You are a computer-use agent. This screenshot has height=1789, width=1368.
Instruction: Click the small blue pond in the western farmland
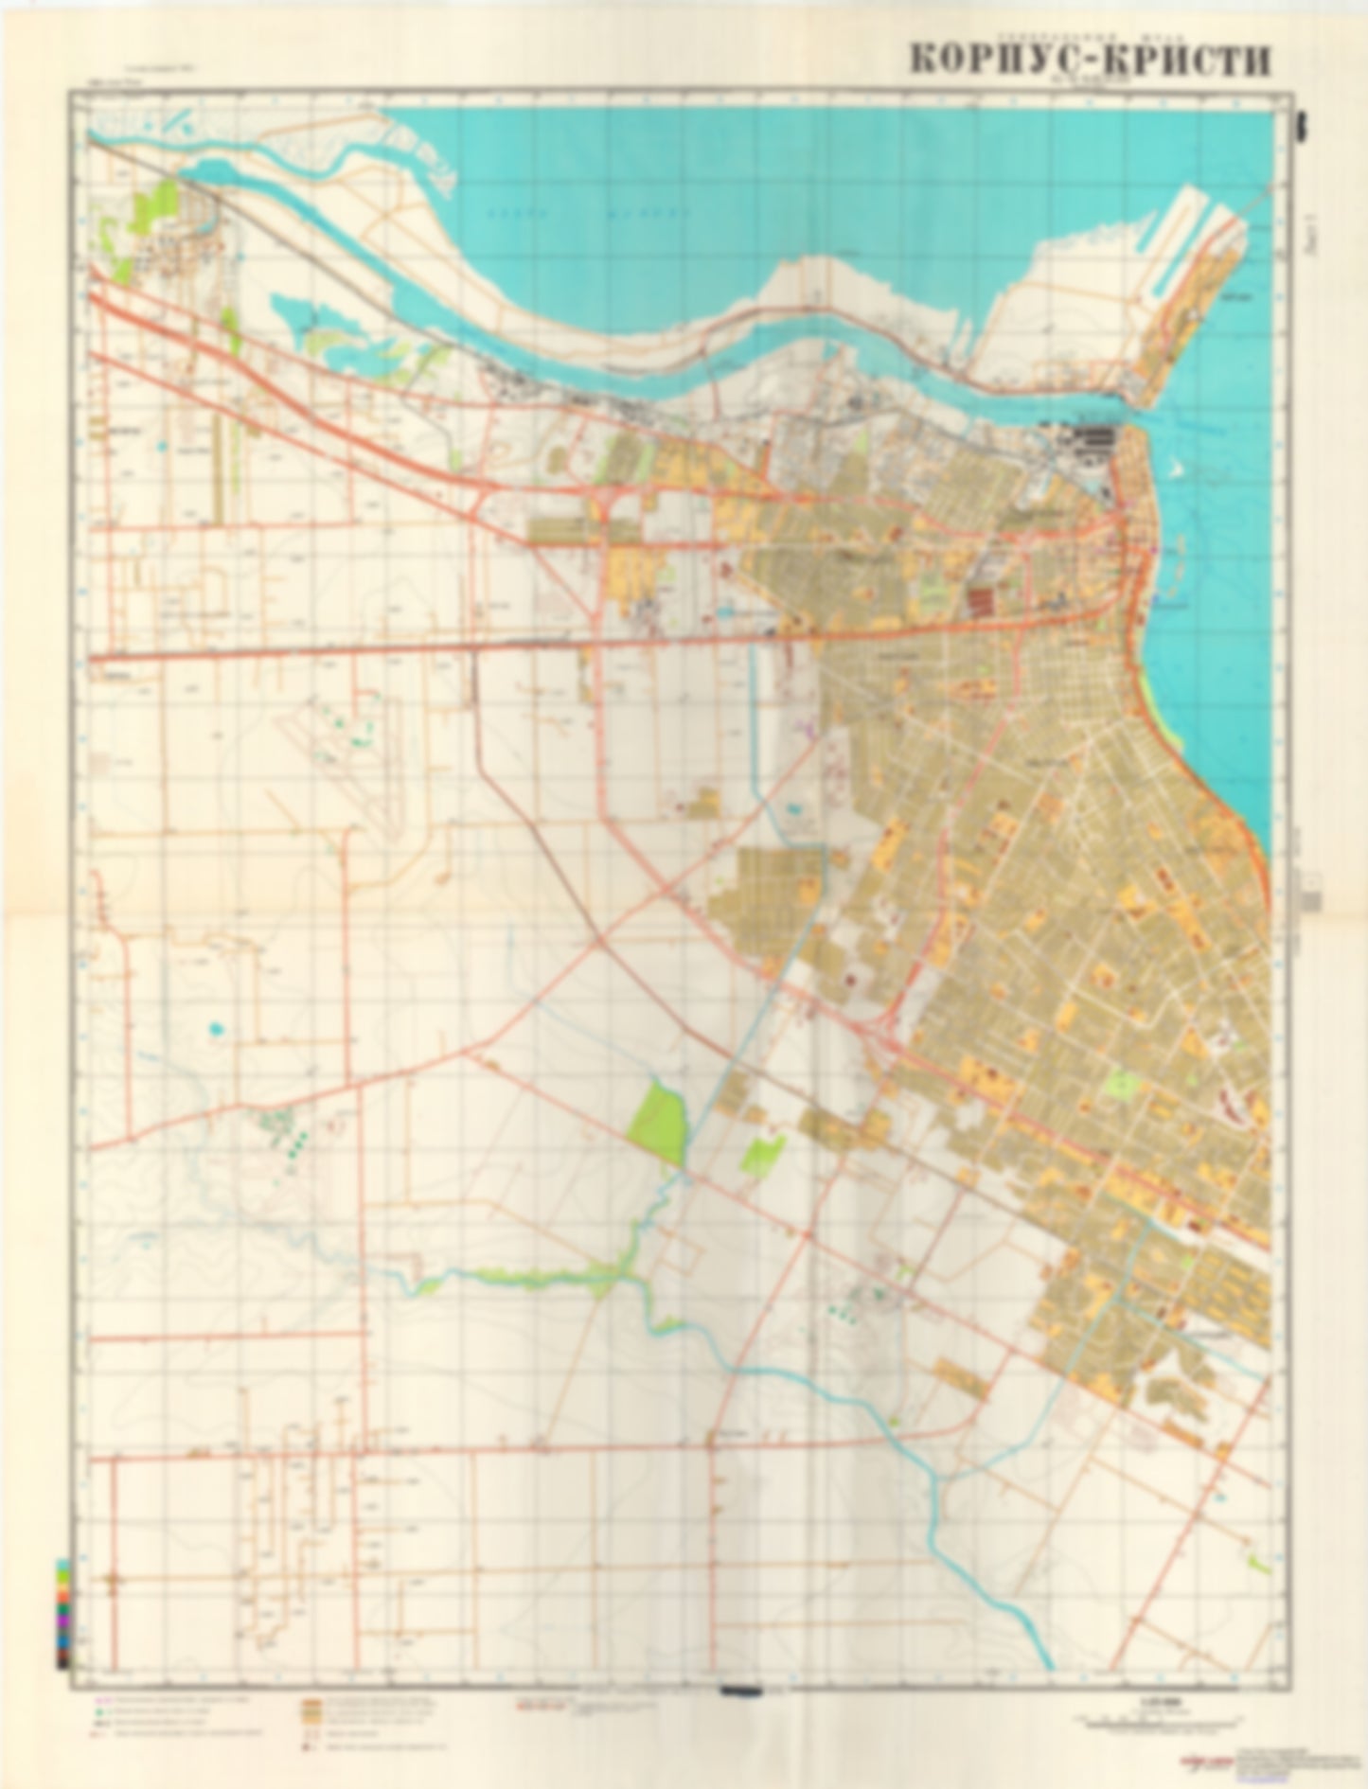[x=217, y=1026]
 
